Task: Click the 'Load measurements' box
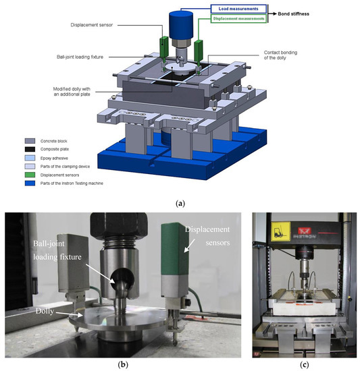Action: [x=238, y=9]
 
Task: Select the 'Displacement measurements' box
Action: [x=238, y=19]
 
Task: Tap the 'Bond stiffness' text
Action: [x=293, y=14]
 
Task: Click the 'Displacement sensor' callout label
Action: [x=91, y=25]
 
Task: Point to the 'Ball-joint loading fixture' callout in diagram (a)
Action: [x=80, y=57]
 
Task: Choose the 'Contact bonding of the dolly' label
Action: [x=280, y=55]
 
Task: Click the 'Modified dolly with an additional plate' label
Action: [x=72, y=92]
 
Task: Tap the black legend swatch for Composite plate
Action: [x=30, y=149]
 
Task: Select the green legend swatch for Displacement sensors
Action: [x=30, y=175]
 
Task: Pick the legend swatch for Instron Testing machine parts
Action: [x=30, y=183]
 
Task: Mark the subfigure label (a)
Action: [x=180, y=204]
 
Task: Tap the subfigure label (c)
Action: [x=304, y=365]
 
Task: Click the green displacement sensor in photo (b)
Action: [x=175, y=249]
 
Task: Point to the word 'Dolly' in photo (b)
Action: [x=45, y=311]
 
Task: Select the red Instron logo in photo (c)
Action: [x=303, y=230]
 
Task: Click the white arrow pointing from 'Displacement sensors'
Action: [x=189, y=245]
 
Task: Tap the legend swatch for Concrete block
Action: [x=30, y=141]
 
